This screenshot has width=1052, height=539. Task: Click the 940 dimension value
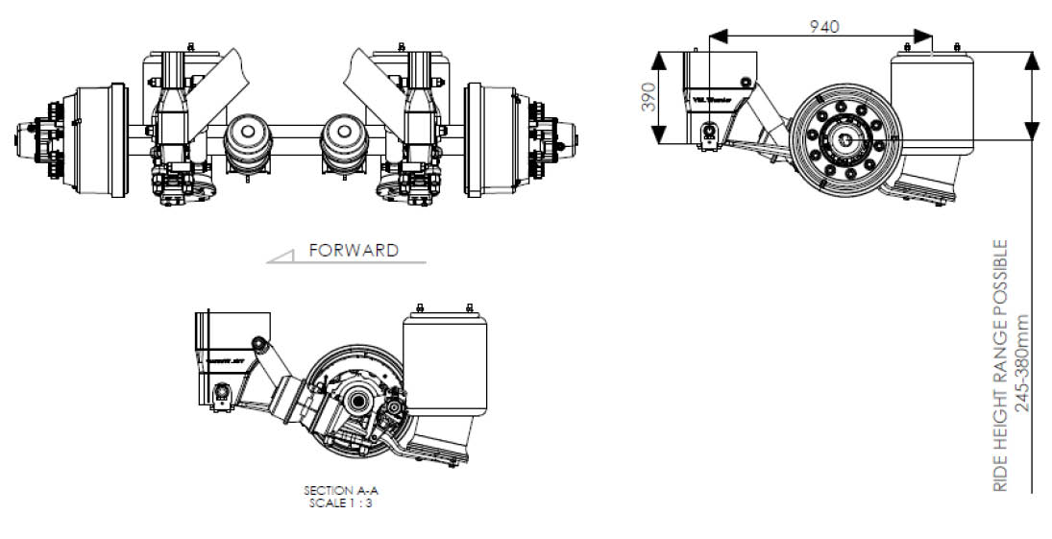point(824,26)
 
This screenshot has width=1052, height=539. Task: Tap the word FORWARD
point(353,250)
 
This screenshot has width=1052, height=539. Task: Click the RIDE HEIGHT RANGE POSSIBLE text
point(1001,365)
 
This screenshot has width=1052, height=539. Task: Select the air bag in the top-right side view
point(930,106)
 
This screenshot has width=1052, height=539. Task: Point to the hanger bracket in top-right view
point(716,96)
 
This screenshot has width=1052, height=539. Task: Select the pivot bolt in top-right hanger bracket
point(710,132)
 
